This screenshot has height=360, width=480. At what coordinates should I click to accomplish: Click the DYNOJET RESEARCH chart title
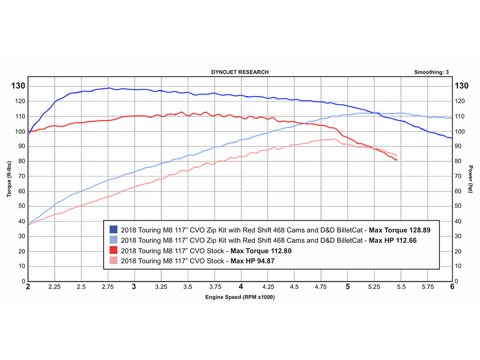[x=240, y=72]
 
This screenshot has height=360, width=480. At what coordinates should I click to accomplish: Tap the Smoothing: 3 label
[x=431, y=72]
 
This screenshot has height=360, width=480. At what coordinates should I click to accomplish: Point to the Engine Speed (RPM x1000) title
[x=240, y=298]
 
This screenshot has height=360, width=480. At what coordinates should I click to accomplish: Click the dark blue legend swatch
[x=114, y=230]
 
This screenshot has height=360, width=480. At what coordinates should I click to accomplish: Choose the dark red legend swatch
[x=114, y=251]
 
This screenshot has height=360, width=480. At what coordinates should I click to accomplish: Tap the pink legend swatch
[x=114, y=261]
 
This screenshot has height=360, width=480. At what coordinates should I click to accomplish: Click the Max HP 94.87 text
[x=253, y=261]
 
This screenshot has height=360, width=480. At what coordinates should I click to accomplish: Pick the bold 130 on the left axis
[x=18, y=86]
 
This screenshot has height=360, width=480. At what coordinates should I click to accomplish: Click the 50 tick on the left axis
[x=21, y=206]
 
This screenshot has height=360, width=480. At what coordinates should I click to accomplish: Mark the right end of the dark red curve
[x=396, y=160]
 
